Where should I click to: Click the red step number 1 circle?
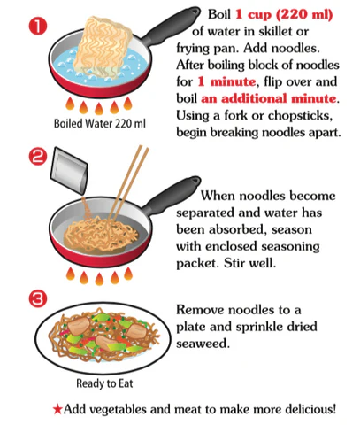38,26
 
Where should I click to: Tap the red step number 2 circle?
38,157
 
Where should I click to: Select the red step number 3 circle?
38,298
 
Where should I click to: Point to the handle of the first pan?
171,26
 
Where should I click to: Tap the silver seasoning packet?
69,171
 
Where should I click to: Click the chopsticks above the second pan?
127,184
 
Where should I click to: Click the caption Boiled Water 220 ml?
100,123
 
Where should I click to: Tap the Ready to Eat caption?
104,383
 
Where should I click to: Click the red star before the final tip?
57,410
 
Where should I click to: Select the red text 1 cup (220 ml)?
284,14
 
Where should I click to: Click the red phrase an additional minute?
269,98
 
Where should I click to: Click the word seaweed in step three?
203,344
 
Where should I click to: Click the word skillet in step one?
271,31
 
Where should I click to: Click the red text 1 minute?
226,81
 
